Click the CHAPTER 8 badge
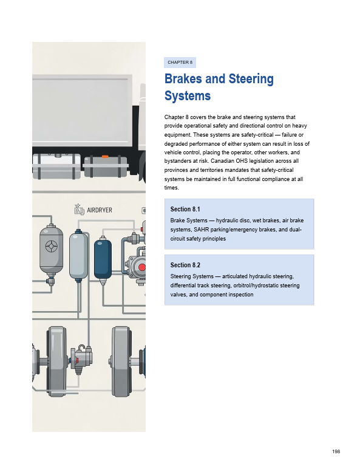180,62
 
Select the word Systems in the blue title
188,96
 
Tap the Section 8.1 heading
185,209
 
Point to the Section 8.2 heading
185,265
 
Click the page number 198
336,451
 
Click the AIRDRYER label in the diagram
100,210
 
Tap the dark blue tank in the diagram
103,259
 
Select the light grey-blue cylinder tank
78,256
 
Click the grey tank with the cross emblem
52,251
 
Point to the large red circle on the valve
142,267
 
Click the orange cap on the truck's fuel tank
105,156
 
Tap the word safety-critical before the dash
257,135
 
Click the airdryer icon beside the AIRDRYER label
79,210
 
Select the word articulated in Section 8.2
235,276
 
